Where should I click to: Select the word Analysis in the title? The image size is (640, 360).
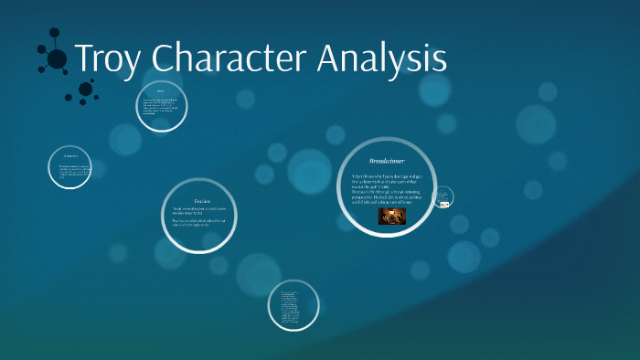coord(382,58)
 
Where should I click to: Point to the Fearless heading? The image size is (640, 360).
coord(202,201)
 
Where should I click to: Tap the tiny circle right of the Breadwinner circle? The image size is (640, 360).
coord(443,196)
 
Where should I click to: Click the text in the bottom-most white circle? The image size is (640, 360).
coord(293,306)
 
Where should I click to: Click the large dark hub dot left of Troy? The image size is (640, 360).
coord(57,59)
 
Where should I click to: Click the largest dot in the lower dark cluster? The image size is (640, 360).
coord(85,89)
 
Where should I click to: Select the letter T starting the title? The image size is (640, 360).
coord(83,58)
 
